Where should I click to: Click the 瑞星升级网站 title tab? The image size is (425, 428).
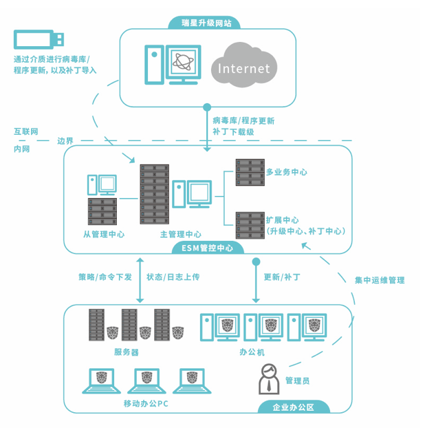(206, 23)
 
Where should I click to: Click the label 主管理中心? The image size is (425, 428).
(181, 234)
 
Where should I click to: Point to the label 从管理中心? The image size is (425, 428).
(104, 234)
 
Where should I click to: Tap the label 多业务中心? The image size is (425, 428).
(286, 172)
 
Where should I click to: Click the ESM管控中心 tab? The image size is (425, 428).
(207, 248)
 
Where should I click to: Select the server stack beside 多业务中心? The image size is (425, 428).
(249, 173)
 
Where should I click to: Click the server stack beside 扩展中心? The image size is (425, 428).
(249, 224)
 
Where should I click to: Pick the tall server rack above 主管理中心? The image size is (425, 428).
(154, 194)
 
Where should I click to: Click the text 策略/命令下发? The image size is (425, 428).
(105, 277)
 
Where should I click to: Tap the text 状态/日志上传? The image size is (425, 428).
(173, 277)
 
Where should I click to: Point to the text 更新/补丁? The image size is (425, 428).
(283, 277)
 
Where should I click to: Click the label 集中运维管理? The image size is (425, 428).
(380, 281)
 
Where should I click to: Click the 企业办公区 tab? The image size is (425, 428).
(294, 407)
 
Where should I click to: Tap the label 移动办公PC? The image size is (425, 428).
(146, 403)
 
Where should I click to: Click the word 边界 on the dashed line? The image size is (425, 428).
(65, 140)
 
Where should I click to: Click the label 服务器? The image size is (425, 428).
(127, 352)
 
